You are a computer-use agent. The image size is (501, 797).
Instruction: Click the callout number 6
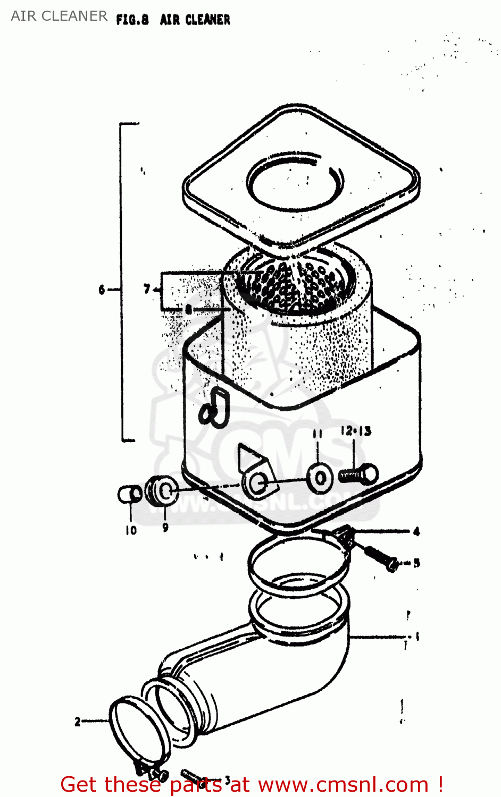102,290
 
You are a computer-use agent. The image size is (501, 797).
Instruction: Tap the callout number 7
147,289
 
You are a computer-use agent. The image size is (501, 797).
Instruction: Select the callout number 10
131,530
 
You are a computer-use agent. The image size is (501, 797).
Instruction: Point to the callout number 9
165,527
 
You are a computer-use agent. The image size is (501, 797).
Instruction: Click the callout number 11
318,434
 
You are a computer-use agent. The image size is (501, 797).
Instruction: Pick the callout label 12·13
356,431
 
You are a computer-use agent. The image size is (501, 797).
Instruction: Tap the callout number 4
416,531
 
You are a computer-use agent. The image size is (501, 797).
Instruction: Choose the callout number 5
416,562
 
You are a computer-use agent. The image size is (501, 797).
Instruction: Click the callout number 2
78,722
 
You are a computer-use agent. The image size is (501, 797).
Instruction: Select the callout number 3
227,779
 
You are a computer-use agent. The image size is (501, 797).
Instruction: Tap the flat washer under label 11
320,478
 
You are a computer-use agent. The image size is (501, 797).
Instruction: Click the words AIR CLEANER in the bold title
195,20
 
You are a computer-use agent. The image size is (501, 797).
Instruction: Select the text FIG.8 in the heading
132,20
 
